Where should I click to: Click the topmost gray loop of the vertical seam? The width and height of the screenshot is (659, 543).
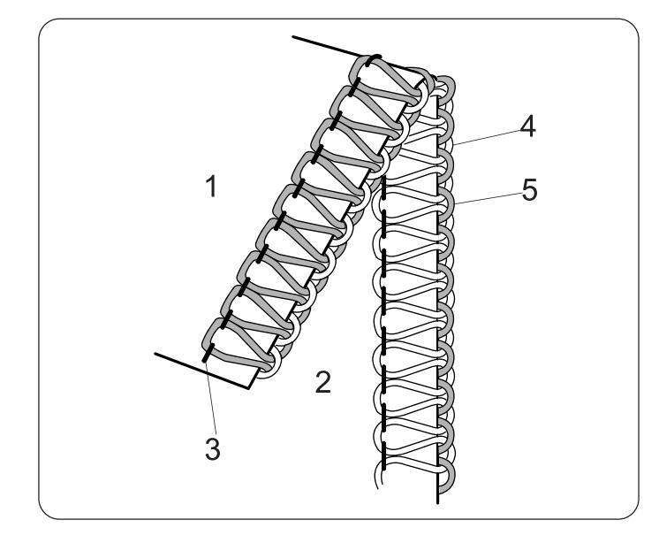pos(446,88)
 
